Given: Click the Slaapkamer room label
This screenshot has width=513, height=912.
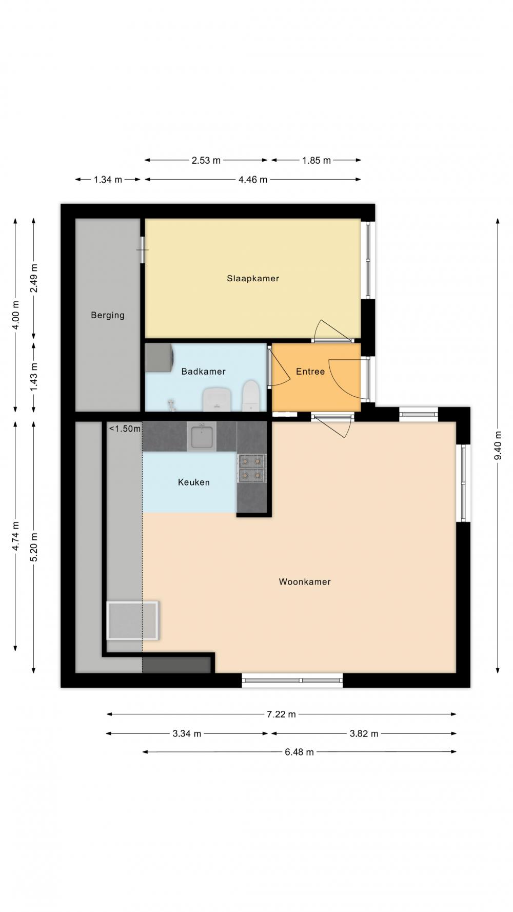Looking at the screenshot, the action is pyautogui.click(x=253, y=278).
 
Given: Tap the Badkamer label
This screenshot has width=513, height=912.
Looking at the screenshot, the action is pyautogui.click(x=203, y=371).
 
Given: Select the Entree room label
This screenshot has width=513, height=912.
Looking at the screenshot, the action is pyautogui.click(x=310, y=371).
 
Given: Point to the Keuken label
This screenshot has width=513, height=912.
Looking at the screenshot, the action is pyautogui.click(x=193, y=482).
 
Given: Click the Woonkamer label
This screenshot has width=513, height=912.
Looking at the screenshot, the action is pyautogui.click(x=305, y=581).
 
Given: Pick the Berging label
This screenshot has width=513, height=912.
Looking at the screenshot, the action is pyautogui.click(x=108, y=315).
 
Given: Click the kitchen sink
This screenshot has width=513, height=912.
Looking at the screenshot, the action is pyautogui.click(x=202, y=437).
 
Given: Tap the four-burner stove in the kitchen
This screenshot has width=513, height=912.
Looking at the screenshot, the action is pyautogui.click(x=251, y=469).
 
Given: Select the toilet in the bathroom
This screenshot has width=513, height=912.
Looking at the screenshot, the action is pyautogui.click(x=250, y=395).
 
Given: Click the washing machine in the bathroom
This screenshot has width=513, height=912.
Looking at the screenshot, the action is pyautogui.click(x=159, y=357).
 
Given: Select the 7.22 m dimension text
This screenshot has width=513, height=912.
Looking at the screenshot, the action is pyautogui.click(x=282, y=714).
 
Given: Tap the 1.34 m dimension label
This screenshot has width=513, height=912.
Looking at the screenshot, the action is pyautogui.click(x=108, y=180).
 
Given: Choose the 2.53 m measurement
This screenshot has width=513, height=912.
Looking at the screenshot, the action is pyautogui.click(x=206, y=160).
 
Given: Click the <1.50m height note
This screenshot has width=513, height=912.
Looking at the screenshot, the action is pyautogui.click(x=124, y=429).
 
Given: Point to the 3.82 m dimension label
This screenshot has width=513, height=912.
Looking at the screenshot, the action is pyautogui.click(x=364, y=733).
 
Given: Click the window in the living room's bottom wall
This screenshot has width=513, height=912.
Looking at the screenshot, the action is pyautogui.click(x=292, y=680).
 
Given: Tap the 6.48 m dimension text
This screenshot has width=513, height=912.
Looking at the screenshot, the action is pyautogui.click(x=299, y=752).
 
